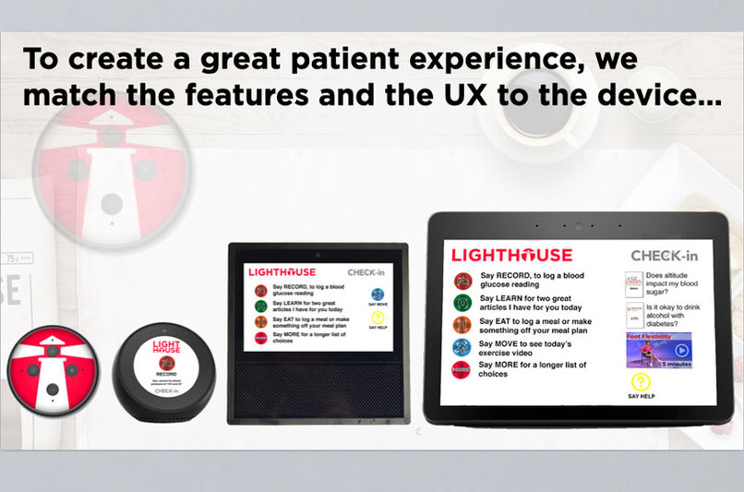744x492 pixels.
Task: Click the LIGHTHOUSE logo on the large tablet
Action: tap(512, 255)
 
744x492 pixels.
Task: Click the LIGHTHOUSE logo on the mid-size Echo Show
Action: tap(281, 272)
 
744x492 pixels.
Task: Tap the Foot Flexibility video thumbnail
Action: tap(658, 350)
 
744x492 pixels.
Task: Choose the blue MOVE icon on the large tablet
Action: tap(462, 347)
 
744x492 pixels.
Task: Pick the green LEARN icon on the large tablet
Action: tap(462, 303)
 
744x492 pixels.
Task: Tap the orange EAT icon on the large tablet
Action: tap(462, 325)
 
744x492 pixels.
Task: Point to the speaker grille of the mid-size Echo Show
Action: tap(318, 388)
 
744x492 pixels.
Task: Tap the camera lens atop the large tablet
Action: tap(578, 226)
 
